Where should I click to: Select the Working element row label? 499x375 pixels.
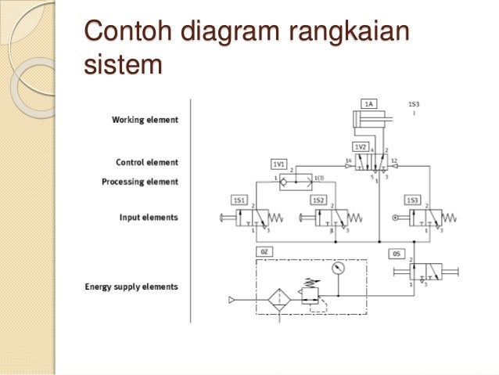[145, 120]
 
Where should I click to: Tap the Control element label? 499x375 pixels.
[147, 163]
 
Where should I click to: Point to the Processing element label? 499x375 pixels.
[140, 182]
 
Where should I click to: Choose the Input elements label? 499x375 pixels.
[149, 216]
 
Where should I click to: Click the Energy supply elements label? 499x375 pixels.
[131, 286]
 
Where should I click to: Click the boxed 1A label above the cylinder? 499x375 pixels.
[368, 103]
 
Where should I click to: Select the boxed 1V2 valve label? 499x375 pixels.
[360, 146]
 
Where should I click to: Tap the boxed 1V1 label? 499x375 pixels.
[278, 164]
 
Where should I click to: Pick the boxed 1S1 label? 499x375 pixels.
[239, 200]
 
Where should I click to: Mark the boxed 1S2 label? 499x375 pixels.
[318, 200]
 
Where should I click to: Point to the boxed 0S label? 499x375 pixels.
[397, 254]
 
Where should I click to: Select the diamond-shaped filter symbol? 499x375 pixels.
[279, 300]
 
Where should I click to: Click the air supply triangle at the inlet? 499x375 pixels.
[232, 300]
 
